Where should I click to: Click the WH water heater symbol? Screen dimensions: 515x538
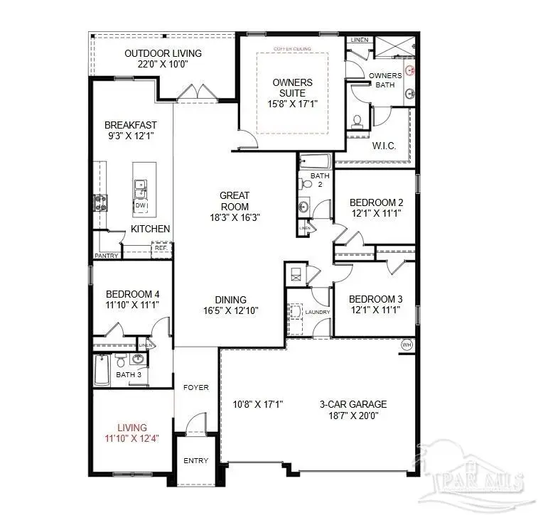point(407,345)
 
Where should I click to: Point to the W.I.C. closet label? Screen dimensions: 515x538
point(384,146)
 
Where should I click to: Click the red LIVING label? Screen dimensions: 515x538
point(132,428)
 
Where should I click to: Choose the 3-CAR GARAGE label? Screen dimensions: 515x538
point(353,404)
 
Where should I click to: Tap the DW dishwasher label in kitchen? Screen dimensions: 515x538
point(140,206)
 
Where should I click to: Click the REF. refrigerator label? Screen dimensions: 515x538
point(161,248)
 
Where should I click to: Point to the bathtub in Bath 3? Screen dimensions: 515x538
point(102,369)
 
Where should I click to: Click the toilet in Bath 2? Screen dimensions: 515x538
point(307,184)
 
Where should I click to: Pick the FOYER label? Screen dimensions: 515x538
point(195,388)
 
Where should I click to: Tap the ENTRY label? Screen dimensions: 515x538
point(195,461)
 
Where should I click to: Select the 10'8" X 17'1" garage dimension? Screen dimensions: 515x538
point(258,404)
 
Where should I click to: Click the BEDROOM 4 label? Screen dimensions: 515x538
point(132,294)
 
